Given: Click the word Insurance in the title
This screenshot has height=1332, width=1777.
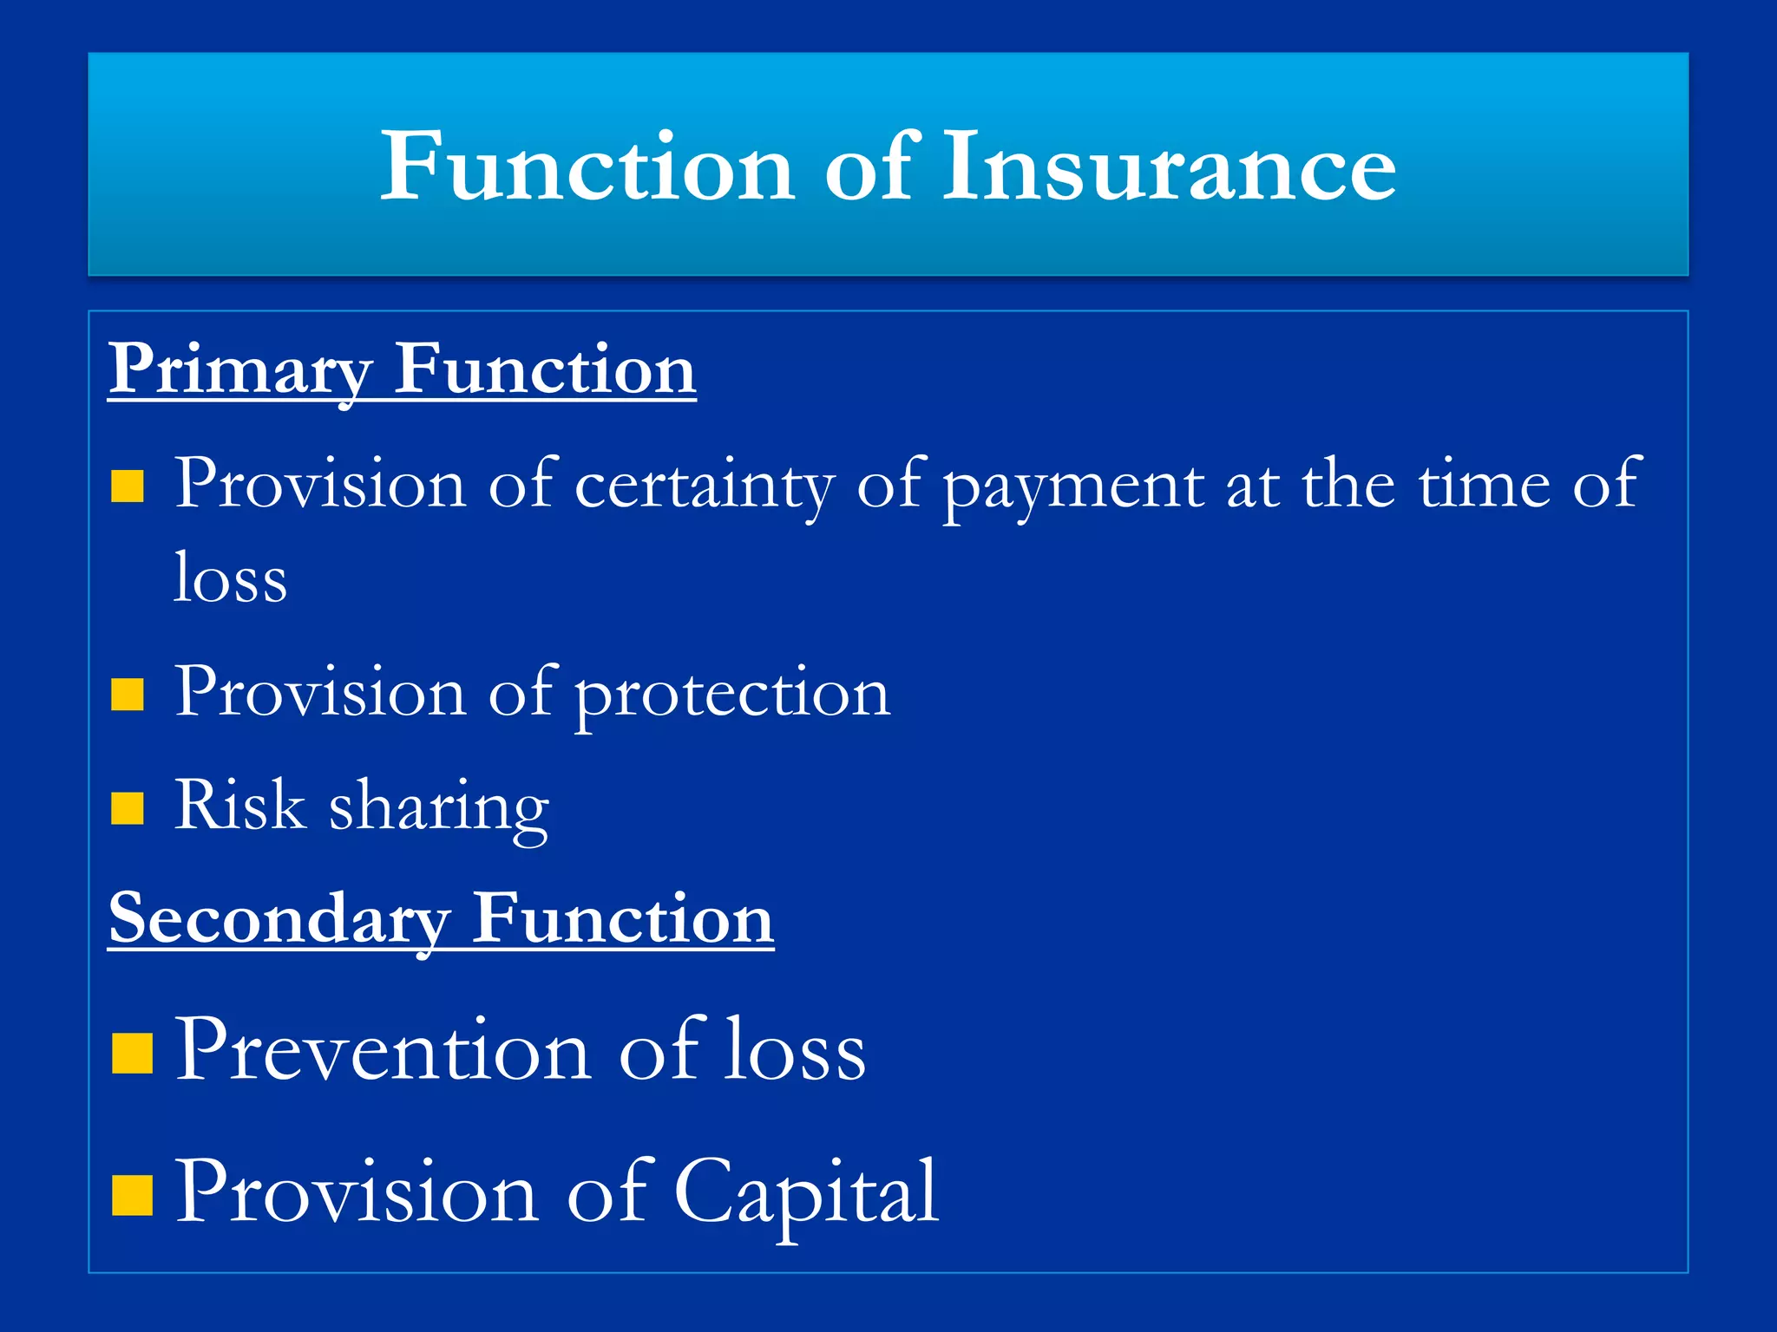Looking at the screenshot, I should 1169,166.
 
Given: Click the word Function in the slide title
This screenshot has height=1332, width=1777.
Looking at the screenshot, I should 587,166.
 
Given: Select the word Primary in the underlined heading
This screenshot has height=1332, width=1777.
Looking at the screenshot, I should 240,371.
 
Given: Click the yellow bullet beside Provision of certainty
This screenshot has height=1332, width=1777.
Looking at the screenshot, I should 128,487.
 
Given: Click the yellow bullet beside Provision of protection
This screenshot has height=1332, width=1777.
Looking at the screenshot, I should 128,695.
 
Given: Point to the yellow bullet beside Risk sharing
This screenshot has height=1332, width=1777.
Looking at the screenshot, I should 128,808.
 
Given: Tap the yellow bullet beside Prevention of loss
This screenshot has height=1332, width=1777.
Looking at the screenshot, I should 132,1054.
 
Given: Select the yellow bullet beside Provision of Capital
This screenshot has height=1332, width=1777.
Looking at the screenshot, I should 132,1196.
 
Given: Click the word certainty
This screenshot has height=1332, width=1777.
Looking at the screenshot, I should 705,486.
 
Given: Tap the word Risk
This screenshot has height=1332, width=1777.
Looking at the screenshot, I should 239,806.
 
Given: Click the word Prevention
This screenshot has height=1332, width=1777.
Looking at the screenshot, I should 384,1051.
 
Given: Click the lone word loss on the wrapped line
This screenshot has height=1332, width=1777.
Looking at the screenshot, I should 230,579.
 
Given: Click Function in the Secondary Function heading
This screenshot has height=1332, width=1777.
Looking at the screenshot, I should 622,919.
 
